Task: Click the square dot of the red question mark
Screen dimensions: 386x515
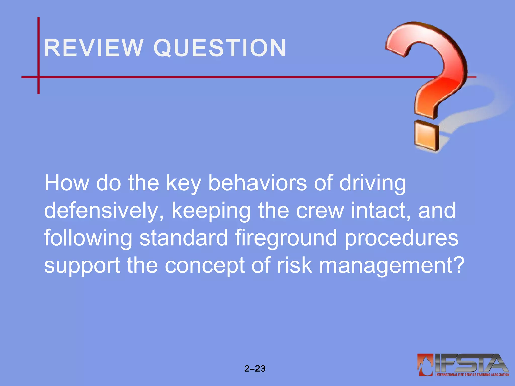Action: [x=426, y=136]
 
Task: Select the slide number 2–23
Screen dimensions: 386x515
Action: [x=255, y=369]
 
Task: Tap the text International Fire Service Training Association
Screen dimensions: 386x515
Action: [x=472, y=375]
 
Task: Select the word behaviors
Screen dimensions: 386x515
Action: [x=257, y=183]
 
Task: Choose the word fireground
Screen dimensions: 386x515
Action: [x=286, y=238]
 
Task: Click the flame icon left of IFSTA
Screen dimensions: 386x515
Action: [x=425, y=364]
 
